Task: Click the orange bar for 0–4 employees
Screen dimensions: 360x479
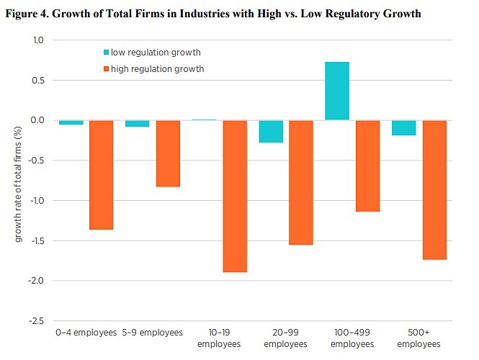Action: (101, 175)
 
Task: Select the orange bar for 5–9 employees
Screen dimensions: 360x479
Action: (168, 153)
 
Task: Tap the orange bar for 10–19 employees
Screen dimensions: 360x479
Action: (235, 196)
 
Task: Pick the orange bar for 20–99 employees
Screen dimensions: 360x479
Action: (301, 182)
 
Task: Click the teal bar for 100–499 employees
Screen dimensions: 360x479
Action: (337, 91)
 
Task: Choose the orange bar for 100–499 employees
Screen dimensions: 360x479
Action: (367, 166)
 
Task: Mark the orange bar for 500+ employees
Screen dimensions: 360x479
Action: (434, 189)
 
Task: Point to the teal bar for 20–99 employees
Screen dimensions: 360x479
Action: (271, 131)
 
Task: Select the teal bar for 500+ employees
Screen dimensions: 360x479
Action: (404, 127)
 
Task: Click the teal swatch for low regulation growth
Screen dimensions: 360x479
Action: (106, 53)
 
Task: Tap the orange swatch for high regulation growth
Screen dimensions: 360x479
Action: (106, 69)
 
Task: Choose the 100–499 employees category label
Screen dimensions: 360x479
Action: (352, 338)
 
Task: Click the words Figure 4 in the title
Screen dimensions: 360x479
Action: (30, 14)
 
